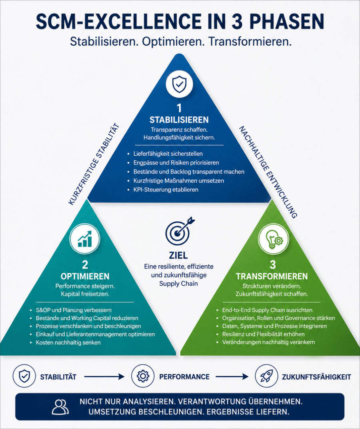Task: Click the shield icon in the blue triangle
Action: click(x=179, y=84)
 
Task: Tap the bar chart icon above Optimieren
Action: click(x=85, y=239)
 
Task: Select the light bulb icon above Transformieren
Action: click(x=274, y=239)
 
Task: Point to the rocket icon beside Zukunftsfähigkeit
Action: click(x=266, y=376)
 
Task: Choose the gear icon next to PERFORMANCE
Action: click(x=143, y=376)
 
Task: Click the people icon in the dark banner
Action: click(x=60, y=407)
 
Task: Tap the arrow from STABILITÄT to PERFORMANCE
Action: click(x=104, y=377)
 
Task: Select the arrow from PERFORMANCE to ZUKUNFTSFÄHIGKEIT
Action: click(x=232, y=377)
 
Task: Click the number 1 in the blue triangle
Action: click(x=179, y=108)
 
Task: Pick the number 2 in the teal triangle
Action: click(x=85, y=265)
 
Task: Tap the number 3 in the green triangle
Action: click(x=273, y=265)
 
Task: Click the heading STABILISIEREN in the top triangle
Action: click(x=179, y=120)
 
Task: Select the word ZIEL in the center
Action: click(x=178, y=255)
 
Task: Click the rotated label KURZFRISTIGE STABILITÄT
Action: click(x=94, y=164)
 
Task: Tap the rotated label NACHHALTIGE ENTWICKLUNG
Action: click(x=268, y=172)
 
